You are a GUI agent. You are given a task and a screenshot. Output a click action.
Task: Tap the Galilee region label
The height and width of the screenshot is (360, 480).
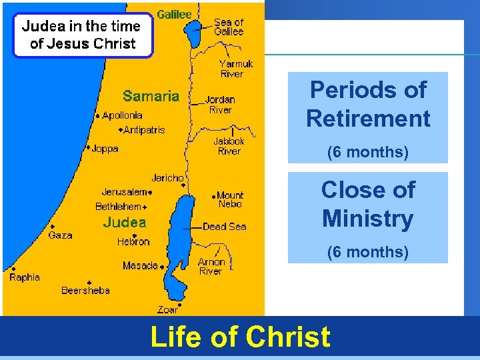coord(174,14)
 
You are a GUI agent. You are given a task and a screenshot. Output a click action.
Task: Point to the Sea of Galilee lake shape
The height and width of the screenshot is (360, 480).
coord(195,34)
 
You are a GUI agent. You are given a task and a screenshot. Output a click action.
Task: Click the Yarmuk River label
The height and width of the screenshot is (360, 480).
coord(236,69)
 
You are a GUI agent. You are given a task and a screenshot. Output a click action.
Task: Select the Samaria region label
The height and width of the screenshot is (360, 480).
coord(151,96)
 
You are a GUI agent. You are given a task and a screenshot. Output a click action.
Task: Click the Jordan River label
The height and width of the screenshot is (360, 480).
coord(220,105)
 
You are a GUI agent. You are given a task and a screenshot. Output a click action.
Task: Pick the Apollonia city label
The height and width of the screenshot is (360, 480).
coord(122,115)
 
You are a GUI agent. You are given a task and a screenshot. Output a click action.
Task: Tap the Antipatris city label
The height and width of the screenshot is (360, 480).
coord(144,130)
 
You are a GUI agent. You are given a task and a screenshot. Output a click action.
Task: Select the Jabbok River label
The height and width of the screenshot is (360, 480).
coord(229,146)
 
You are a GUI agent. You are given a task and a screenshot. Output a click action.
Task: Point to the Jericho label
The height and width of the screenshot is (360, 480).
coord(167,178)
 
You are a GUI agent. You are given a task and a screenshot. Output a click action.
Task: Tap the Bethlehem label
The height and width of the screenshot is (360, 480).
coord(119,207)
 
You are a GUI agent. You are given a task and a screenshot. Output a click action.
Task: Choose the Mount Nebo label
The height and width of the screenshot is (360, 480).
coord(230,199)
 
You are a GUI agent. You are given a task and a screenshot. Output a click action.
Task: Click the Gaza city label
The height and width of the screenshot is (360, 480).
coord(60,235)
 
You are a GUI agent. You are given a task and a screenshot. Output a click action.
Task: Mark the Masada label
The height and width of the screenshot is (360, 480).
coord(140,266)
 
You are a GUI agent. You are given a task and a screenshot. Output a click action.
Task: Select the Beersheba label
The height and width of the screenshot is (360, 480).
coord(85,290)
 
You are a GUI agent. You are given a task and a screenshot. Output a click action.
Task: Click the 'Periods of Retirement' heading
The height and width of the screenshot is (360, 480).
coord(368,104)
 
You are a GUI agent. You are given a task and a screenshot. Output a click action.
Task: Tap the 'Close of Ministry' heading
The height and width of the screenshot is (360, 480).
coord(368,204)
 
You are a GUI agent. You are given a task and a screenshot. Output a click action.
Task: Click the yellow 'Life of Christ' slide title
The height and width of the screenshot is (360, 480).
coord(240,337)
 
